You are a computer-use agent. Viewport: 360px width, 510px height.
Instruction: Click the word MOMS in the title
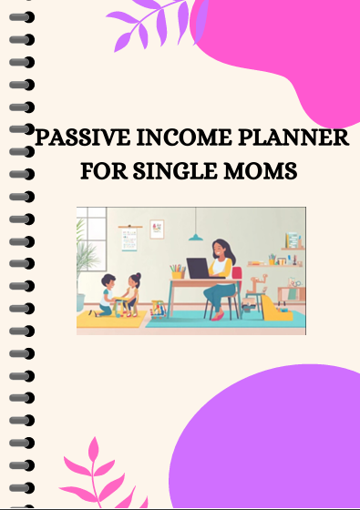point(264,170)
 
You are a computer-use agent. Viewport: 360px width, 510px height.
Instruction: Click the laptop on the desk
point(199,270)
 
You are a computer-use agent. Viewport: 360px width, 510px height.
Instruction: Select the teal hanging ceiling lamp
point(196,237)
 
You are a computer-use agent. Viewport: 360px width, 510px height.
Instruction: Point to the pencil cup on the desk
point(177,270)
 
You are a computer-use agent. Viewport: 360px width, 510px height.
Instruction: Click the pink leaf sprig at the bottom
point(92,474)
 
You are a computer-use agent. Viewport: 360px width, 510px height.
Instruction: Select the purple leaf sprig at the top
point(137,23)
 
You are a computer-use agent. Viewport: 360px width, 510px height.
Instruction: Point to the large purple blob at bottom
point(273,446)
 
